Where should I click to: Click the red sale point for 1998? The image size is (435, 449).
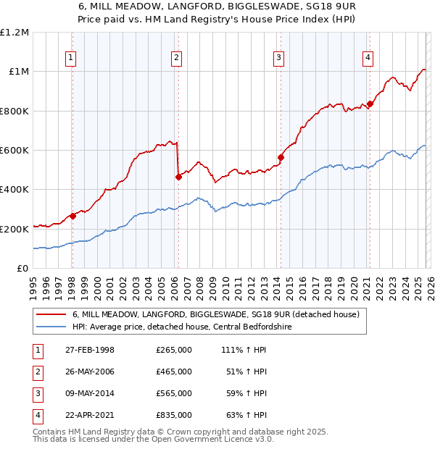pos(73,216)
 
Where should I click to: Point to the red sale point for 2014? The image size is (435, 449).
pos(281,157)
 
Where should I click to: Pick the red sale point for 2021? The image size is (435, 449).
pos(370,104)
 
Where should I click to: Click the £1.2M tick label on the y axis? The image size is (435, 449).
pos(15,33)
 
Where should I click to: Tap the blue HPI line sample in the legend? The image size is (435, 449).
pos(51,327)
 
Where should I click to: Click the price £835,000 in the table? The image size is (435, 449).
pos(173,415)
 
